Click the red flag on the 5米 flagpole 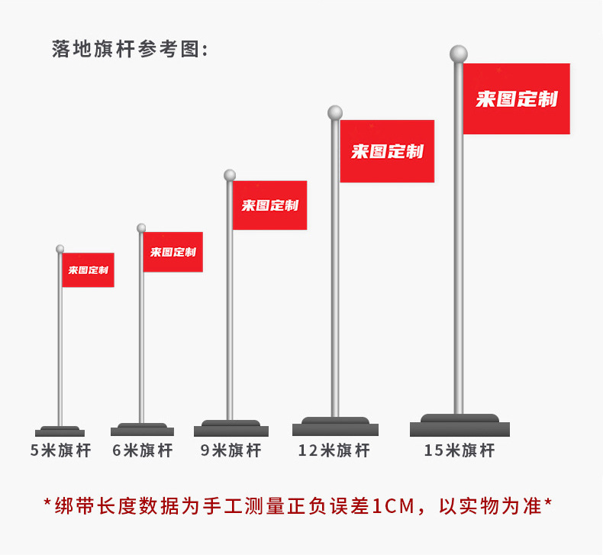[88, 270]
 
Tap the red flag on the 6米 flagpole [173, 252]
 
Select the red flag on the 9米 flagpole [269, 205]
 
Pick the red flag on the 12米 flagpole [387, 151]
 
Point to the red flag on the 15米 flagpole [517, 98]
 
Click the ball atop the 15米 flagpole [458, 54]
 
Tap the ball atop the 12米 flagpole [335, 113]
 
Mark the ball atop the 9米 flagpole [230, 176]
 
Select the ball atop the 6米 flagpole [141, 227]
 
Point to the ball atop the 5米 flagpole [60, 249]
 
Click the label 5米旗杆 [60, 450]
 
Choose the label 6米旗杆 [143, 450]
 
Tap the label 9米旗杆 [231, 450]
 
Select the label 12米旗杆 [334, 450]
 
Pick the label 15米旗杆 [460, 450]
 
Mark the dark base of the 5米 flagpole [60, 431]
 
